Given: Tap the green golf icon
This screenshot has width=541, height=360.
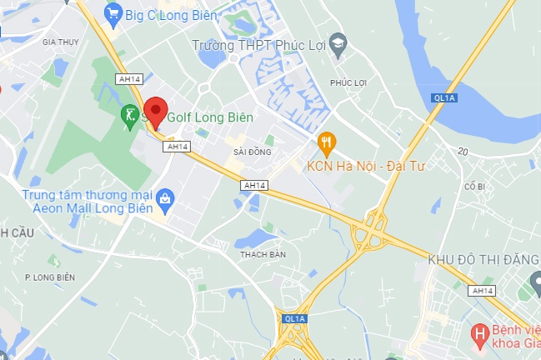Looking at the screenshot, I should pyautogui.click(x=129, y=117).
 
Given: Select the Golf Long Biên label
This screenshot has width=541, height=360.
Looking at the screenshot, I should pyautogui.click(x=209, y=117).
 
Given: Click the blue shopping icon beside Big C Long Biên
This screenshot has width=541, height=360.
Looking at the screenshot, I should pyautogui.click(x=113, y=13).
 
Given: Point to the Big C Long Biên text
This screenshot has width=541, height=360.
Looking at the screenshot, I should pyautogui.click(x=172, y=14).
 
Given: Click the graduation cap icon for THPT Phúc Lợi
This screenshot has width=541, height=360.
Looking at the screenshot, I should pyautogui.click(x=337, y=44).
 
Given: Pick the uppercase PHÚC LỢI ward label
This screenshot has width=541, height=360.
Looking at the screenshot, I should pyautogui.click(x=348, y=82).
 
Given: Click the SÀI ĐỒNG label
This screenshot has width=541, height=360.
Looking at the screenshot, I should pyautogui.click(x=253, y=152).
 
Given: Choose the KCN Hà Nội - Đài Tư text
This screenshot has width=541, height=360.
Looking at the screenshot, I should pyautogui.click(x=366, y=166).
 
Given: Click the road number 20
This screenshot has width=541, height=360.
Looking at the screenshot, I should pyautogui.click(x=463, y=151).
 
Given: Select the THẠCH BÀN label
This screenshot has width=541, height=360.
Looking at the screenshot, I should pyautogui.click(x=263, y=254).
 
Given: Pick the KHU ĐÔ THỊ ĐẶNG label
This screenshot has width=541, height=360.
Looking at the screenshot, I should pyautogui.click(x=483, y=259).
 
